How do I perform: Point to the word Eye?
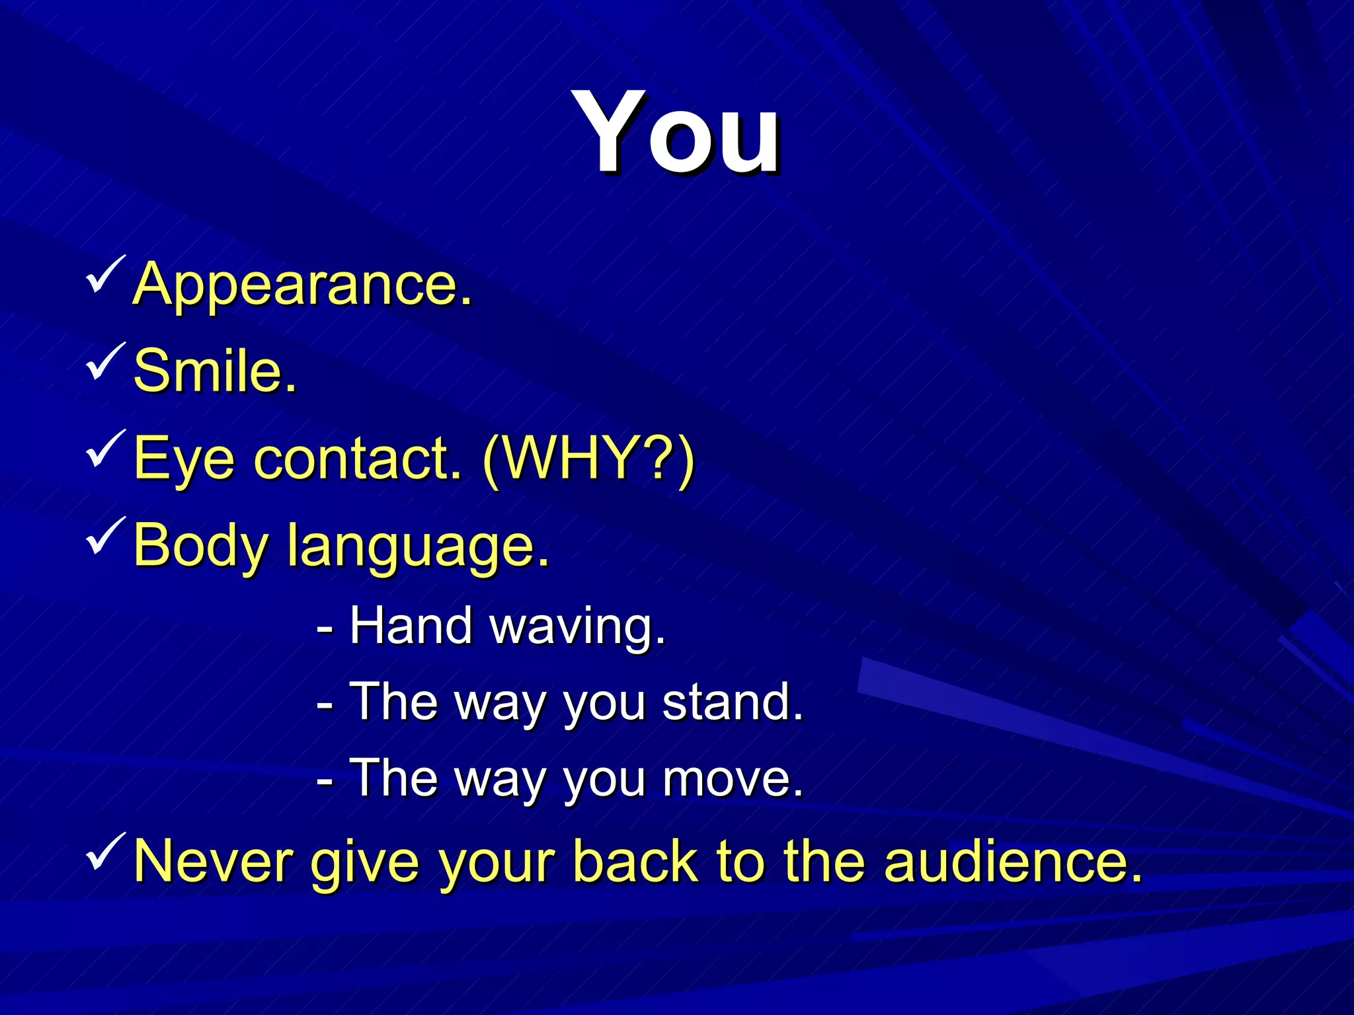point(184,459)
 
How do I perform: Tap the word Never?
point(213,861)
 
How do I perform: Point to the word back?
point(635,861)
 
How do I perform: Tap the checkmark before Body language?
point(104,537)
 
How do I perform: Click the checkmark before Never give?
point(104,852)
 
